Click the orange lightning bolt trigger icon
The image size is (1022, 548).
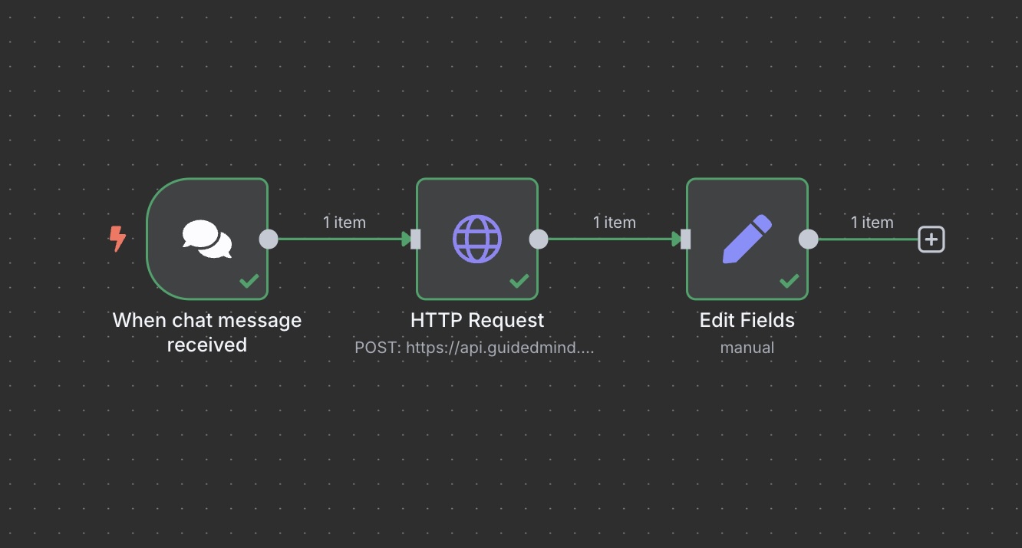pos(117,239)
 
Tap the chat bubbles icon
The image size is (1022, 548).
pos(207,239)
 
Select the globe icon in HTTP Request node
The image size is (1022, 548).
pos(477,239)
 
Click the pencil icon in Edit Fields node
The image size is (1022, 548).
pos(747,239)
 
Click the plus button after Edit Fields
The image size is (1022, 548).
pos(931,239)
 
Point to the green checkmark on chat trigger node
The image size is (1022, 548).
pos(249,282)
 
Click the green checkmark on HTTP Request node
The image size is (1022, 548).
pos(519,282)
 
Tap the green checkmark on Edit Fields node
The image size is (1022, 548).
pos(790,282)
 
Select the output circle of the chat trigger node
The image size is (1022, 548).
pos(269,239)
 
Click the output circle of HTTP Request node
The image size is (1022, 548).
pos(539,239)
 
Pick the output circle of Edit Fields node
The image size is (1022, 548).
pos(809,239)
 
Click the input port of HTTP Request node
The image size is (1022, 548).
pos(415,239)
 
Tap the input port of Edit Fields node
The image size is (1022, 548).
pos(685,239)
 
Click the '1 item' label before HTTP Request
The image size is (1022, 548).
pos(345,223)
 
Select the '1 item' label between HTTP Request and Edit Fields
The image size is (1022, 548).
pos(615,223)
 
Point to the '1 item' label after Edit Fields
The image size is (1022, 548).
pos(872,223)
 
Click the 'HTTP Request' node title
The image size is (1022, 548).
pos(477,320)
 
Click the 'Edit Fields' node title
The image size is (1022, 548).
pos(747,320)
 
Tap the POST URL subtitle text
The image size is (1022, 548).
pos(474,348)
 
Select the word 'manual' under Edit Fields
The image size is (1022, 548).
pos(747,348)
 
